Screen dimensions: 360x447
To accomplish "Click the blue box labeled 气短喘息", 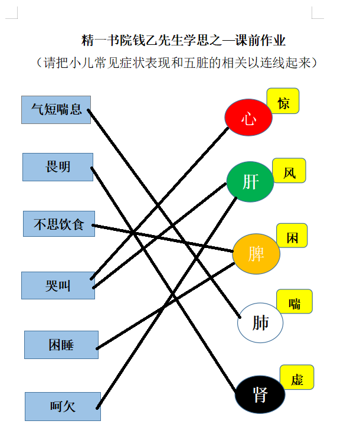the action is click(x=56, y=110).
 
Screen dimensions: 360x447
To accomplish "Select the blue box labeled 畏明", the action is click(x=58, y=167).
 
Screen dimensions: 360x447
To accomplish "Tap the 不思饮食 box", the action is click(x=59, y=224).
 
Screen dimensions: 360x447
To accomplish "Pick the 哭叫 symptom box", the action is click(x=58, y=285).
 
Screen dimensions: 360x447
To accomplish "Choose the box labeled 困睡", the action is click(x=61, y=345).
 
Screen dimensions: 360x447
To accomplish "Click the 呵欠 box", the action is click(x=63, y=406).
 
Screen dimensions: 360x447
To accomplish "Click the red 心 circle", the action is click(x=248, y=117).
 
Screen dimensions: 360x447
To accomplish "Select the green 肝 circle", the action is click(x=250, y=182).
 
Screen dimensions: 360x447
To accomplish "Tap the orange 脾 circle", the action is click(x=256, y=254).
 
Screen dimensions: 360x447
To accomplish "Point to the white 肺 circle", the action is click(x=260, y=322).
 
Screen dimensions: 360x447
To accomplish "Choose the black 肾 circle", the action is click(x=260, y=394).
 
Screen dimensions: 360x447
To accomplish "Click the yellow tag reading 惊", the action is click(x=283, y=101).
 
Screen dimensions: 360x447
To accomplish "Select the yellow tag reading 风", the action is click(x=289, y=171).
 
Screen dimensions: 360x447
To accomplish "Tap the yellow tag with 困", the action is click(x=292, y=236).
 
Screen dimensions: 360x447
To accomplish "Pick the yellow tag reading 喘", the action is click(x=294, y=301).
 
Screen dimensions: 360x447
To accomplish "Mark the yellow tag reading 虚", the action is click(x=297, y=377).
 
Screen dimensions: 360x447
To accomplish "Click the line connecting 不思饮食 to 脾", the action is click(x=163, y=239).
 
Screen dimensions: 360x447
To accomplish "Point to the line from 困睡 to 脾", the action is click(x=165, y=306).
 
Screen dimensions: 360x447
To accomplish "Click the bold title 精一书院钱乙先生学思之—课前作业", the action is click(x=183, y=40).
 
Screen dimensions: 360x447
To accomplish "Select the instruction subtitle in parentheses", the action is click(x=176, y=63).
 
